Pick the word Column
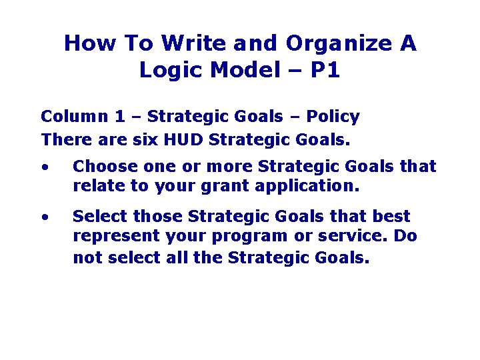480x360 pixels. click(x=73, y=117)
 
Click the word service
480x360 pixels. click(x=356, y=237)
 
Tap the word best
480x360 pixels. click(x=393, y=217)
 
